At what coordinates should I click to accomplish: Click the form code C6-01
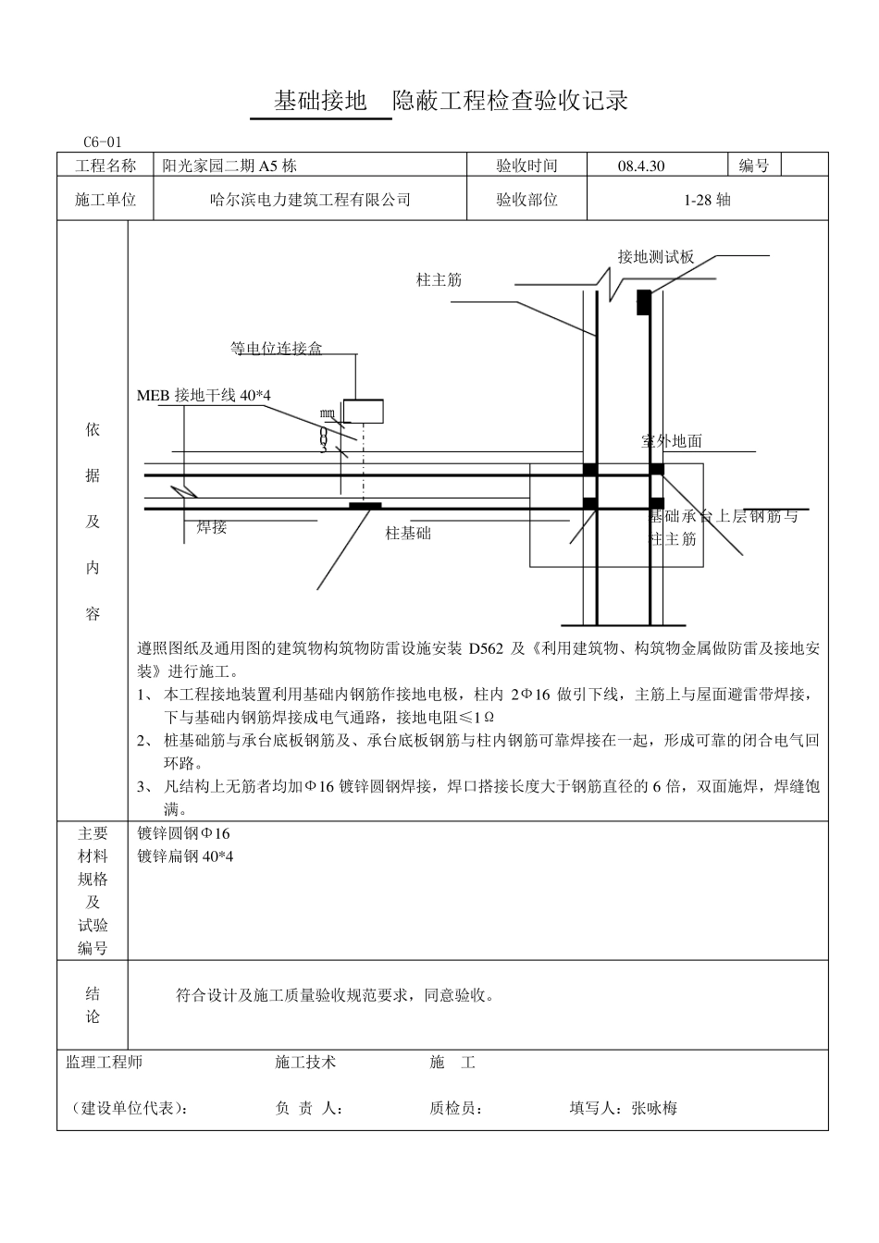point(102,142)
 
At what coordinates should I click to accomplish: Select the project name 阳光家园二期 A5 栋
point(229,166)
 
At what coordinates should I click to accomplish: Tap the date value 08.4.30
point(641,166)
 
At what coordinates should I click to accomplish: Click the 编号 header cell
point(753,166)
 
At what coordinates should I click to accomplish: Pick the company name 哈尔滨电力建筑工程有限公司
point(311,200)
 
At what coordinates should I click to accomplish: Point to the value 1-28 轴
point(707,200)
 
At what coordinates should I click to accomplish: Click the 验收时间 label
point(526,166)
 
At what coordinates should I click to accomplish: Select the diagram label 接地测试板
point(656,257)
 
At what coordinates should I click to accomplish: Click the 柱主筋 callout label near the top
point(439,279)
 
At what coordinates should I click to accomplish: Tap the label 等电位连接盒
point(276,349)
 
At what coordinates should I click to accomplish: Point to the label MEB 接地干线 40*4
point(204,396)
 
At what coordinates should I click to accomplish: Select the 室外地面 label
point(672,441)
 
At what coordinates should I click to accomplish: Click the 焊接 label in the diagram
point(212,527)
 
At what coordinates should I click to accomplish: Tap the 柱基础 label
point(408,534)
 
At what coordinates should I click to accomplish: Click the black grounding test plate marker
point(641,302)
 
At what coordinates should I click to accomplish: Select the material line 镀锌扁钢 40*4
point(185,856)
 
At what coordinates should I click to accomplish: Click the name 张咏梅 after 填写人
point(654,1108)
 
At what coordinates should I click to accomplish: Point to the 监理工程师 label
point(105,1063)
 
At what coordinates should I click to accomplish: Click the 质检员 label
point(456,1108)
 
